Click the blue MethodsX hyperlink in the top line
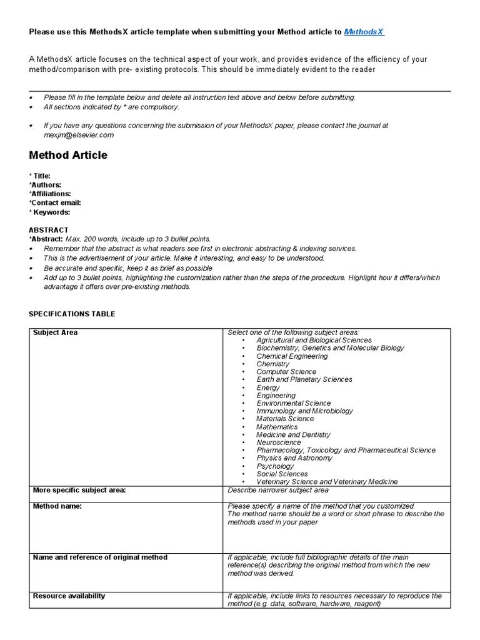pos(364,32)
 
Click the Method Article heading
pos(68,156)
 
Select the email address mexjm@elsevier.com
pos(79,135)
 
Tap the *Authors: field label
pos(45,185)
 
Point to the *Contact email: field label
pos(55,202)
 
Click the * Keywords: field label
pos(49,212)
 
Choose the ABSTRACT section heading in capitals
pos(49,230)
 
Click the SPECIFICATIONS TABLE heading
pos(72,314)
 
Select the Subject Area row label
pos(55,332)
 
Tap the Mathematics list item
pos(277,427)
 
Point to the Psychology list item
pos(275,466)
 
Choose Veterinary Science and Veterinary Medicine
pos(327,482)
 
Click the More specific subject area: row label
pos(79,490)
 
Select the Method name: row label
pos(57,506)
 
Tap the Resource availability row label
pos(69,596)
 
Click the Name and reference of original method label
pos(100,557)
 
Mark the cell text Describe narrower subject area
pos(278,491)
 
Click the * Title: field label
pos(40,176)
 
